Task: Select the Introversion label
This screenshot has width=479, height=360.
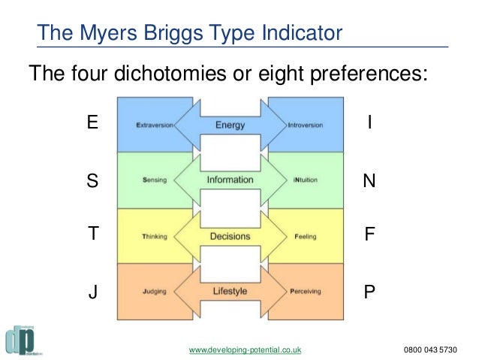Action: tap(306, 125)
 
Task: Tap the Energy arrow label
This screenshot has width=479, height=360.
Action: tap(230, 125)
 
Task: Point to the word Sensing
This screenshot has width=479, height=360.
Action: tap(154, 180)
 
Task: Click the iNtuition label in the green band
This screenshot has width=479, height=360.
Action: tap(306, 180)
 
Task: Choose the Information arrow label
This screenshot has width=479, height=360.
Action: tap(230, 180)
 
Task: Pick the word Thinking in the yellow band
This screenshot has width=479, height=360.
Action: tap(154, 236)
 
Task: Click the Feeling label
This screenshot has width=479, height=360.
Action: tap(306, 236)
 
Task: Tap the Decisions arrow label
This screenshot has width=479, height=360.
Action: tap(230, 236)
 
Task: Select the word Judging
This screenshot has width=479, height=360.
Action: tap(154, 291)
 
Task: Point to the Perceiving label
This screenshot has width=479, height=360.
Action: tap(306, 291)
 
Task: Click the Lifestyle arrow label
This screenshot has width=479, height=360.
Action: tap(230, 291)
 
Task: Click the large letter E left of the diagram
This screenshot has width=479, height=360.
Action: tap(92, 123)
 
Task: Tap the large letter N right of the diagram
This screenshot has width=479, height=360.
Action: tap(369, 181)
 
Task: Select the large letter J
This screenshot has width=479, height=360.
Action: tap(93, 291)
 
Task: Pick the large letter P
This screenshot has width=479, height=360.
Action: tap(369, 291)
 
